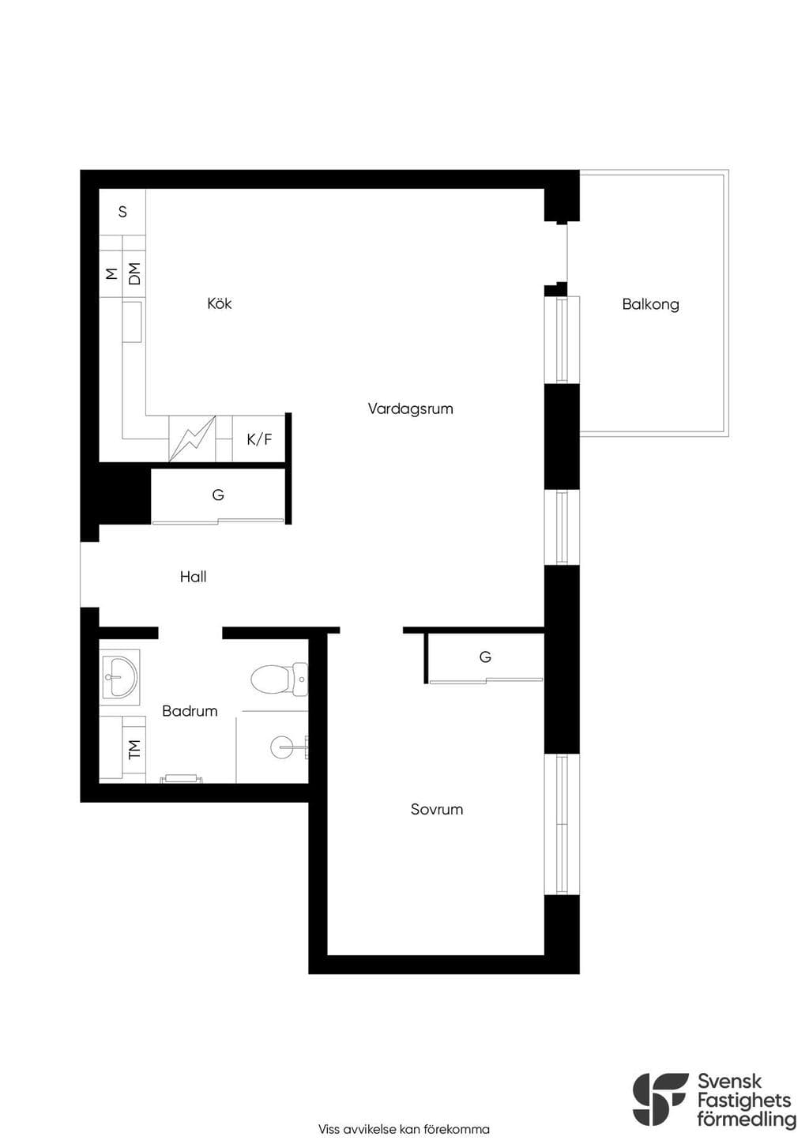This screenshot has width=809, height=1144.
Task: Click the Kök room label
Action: [x=219, y=303]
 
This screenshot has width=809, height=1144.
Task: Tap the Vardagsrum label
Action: [x=410, y=409]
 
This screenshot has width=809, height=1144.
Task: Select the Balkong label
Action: [x=650, y=304]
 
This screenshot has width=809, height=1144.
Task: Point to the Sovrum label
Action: [x=437, y=810]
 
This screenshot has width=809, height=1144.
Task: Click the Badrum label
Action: [x=190, y=711]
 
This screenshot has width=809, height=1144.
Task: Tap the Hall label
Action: [x=193, y=577]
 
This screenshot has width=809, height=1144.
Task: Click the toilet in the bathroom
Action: [x=280, y=679]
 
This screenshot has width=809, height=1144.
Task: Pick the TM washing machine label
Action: [x=134, y=749]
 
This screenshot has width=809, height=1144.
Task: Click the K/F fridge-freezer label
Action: [x=259, y=439]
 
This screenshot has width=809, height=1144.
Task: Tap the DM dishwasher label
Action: [x=134, y=273]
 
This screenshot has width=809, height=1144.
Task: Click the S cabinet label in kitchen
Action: [x=122, y=212]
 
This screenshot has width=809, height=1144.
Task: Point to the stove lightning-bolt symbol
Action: [x=192, y=439]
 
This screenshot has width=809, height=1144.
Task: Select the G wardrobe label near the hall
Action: [x=217, y=495]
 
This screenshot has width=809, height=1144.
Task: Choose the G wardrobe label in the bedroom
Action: [x=485, y=657]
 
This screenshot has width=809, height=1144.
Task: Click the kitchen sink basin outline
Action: [x=132, y=322]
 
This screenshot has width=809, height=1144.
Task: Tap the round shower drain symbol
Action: [x=281, y=747]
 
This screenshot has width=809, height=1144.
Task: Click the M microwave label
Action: [x=111, y=273]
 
